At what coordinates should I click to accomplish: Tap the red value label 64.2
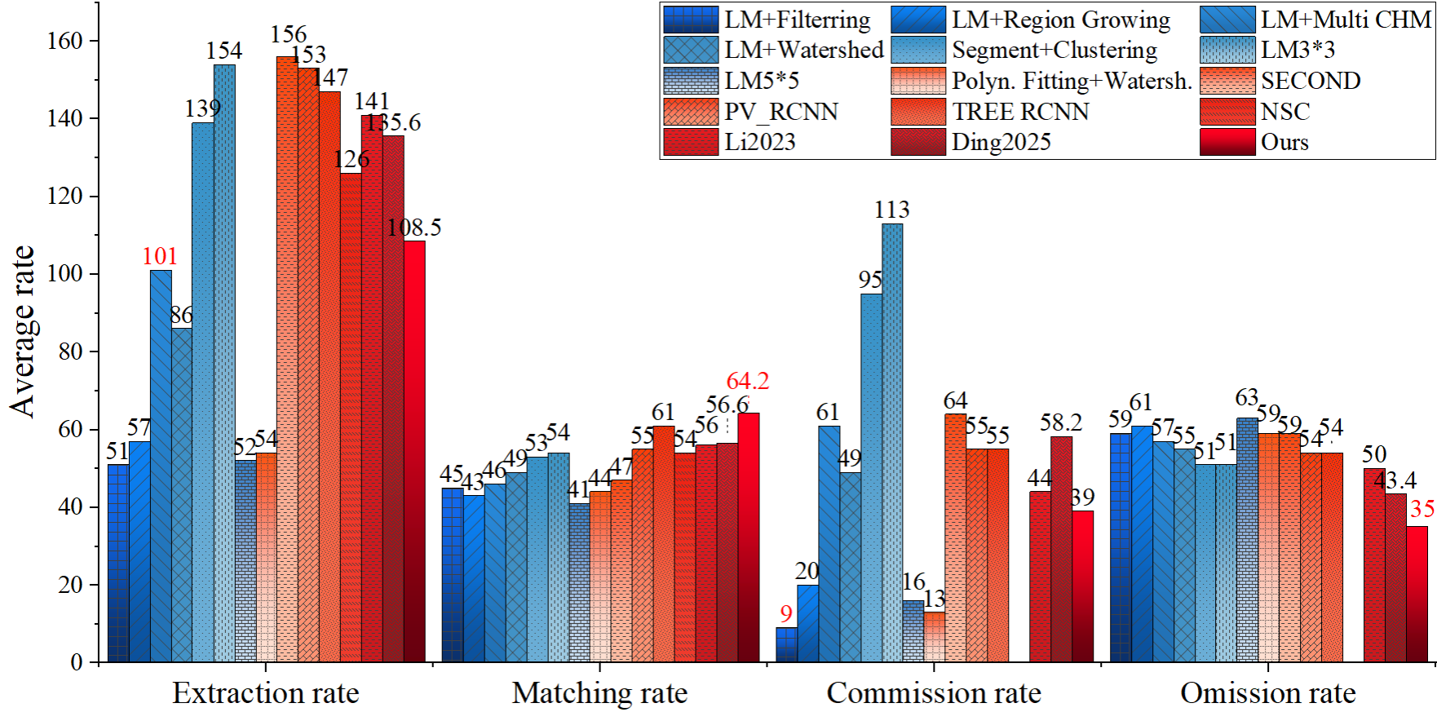pos(747,381)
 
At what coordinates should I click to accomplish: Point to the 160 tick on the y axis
pos(65,41)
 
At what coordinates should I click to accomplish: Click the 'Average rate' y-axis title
pos(23,331)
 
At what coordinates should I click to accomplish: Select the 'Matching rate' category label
pos(599,693)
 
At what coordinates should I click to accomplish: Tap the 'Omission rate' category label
pos(1267,693)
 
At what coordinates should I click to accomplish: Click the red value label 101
pos(160,256)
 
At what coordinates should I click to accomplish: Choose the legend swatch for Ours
pos(1227,142)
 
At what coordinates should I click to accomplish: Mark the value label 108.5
pos(414,228)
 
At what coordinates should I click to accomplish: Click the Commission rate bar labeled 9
pos(786,644)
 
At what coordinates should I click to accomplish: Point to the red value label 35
pos(1422,510)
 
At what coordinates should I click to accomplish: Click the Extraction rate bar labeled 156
pos(287,359)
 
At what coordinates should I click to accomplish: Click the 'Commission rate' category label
pos(934,693)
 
